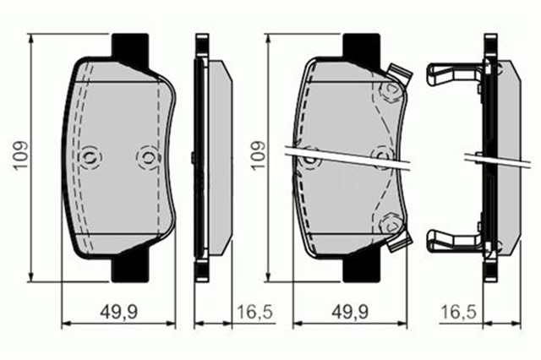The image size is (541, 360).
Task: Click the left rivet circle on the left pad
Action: click(x=91, y=156)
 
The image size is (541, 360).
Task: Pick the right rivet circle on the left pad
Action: click(x=147, y=156)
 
